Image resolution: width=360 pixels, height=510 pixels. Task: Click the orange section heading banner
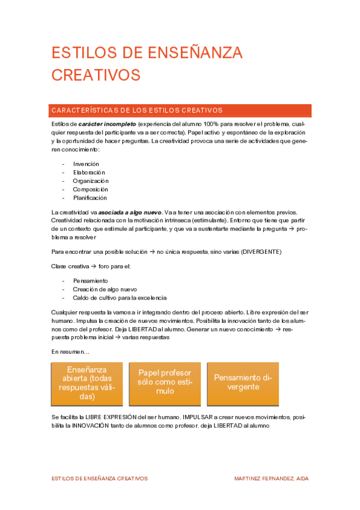180,111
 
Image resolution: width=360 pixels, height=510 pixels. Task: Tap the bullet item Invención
86,164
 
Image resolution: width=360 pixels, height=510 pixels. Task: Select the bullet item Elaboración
89,172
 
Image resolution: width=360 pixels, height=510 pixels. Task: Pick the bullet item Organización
91,180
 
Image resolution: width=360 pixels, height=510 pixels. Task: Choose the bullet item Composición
90,189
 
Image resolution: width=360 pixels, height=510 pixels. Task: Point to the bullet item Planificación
90,197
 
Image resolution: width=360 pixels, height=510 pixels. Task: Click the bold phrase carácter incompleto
102,123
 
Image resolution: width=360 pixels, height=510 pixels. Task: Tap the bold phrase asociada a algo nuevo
130,212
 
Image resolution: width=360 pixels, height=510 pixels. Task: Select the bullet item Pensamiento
90,280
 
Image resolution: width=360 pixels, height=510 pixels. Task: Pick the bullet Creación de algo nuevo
105,289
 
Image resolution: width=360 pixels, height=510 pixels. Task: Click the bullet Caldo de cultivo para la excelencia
120,297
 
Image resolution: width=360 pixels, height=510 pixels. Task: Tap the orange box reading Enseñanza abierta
87,384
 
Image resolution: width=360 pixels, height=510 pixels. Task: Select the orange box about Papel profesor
165,384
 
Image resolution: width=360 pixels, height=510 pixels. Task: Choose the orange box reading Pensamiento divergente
243,384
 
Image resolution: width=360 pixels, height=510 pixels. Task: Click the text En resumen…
70,351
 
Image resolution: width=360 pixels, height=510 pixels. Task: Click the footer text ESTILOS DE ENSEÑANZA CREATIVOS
100,479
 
